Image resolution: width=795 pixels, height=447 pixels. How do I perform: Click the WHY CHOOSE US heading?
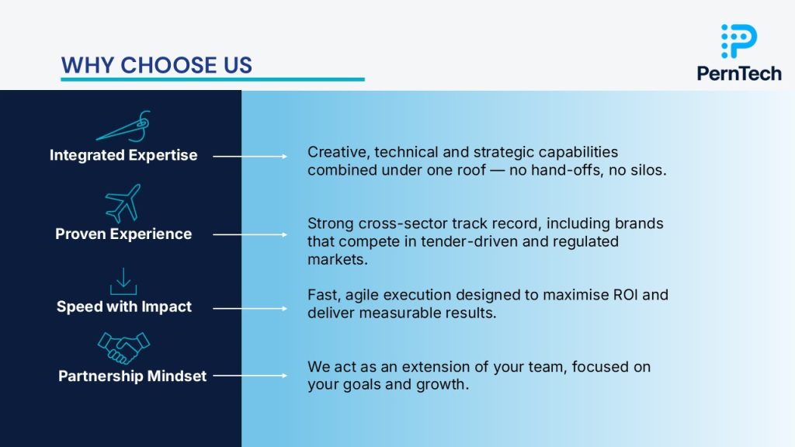[156, 65]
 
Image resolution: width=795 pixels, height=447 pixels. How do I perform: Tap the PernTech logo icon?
[739, 41]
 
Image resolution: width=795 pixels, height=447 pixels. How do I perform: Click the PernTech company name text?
[739, 74]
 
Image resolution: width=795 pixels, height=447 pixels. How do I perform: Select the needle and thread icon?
[123, 126]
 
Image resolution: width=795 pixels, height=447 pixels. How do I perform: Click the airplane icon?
[123, 203]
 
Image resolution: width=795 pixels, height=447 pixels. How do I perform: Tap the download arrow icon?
[123, 281]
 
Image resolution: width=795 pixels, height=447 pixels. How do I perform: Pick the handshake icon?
[123, 348]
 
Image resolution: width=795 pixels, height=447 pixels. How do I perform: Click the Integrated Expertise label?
[123, 155]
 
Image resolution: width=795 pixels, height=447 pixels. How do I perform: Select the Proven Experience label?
[123, 234]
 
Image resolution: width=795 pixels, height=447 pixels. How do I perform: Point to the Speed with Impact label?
[123, 307]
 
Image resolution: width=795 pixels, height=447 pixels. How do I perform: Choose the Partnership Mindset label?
[132, 376]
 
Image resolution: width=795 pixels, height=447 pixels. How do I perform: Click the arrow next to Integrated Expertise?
[250, 157]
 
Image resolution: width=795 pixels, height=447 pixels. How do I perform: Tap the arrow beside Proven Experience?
[250, 234]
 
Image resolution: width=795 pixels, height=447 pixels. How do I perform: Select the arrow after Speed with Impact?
[250, 308]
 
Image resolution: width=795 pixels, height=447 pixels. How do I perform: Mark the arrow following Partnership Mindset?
[250, 376]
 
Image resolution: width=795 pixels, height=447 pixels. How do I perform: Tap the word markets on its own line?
[337, 259]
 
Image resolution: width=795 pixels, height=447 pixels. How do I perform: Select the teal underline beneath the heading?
[213, 80]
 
